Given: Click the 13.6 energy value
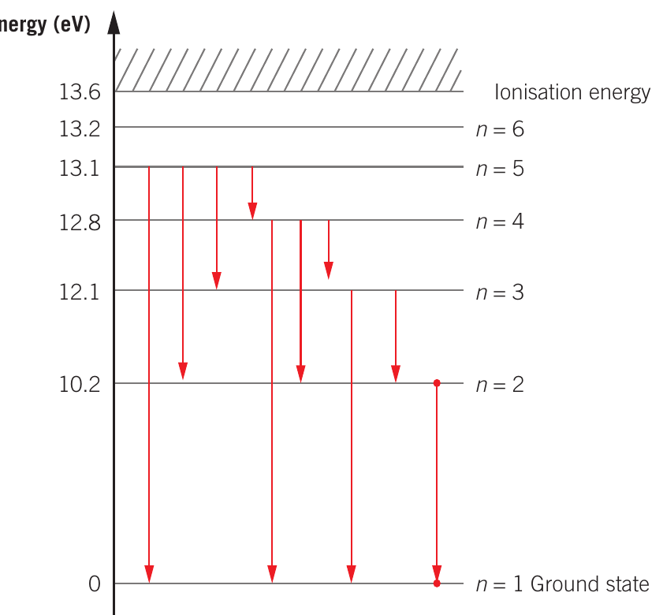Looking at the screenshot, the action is click(x=80, y=91).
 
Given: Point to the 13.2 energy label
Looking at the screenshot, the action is click(x=80, y=129).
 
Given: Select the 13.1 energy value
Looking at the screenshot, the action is click(x=79, y=168).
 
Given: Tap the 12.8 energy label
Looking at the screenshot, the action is click(x=80, y=222).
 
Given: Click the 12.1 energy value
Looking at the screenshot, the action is click(x=79, y=292).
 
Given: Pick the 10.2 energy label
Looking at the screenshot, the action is click(x=80, y=385).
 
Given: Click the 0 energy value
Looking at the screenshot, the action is click(x=95, y=584).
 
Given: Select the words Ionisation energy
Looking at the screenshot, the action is click(x=572, y=92).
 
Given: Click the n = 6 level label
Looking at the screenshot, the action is click(x=501, y=129).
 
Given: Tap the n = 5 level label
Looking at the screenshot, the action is click(x=501, y=169).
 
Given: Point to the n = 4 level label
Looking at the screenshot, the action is click(x=501, y=222).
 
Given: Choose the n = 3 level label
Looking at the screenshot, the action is click(x=501, y=293).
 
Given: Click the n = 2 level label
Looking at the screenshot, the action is click(x=501, y=385).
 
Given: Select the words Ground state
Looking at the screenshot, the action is click(x=590, y=584).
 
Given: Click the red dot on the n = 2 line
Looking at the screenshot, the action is click(x=437, y=383).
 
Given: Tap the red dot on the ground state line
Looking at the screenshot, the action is click(x=437, y=583).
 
